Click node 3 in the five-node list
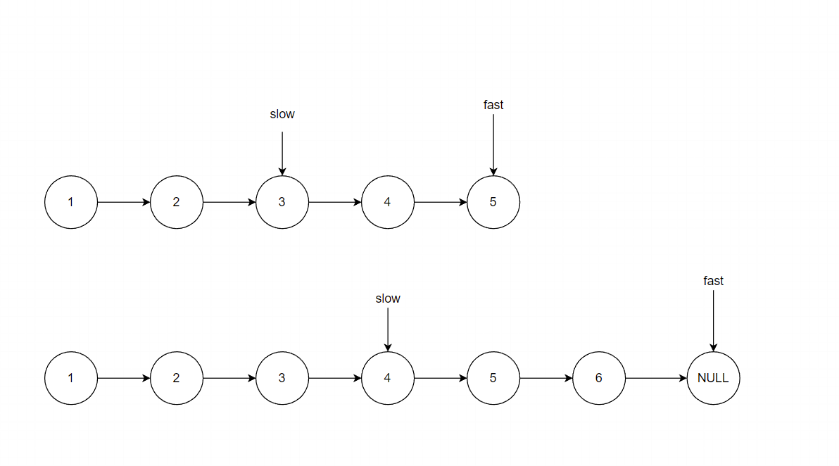pyautogui.click(x=282, y=202)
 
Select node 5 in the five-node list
pyautogui.click(x=493, y=202)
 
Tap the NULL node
pyautogui.click(x=713, y=378)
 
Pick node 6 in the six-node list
pyautogui.click(x=599, y=378)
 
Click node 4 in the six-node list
pyautogui.click(x=388, y=378)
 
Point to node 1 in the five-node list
pyautogui.click(x=71, y=202)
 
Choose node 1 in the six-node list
pyautogui.click(x=71, y=378)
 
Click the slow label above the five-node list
pyautogui.click(x=282, y=114)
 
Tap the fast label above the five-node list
pyautogui.click(x=493, y=105)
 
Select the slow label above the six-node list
pyautogui.click(x=388, y=298)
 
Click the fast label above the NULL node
pyautogui.click(x=713, y=281)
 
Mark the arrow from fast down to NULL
pyautogui.click(x=713, y=320)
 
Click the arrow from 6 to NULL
pyautogui.click(x=656, y=378)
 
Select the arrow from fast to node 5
pyautogui.click(x=493, y=144)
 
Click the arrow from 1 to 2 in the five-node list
pyautogui.click(x=124, y=202)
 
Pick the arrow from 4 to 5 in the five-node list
pyautogui.click(x=441, y=202)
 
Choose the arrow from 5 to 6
pyautogui.click(x=546, y=378)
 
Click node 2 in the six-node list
pyautogui.click(x=177, y=378)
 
